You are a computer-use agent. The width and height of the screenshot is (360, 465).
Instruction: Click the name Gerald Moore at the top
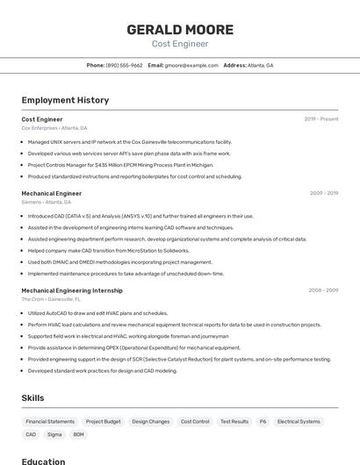[x=180, y=29]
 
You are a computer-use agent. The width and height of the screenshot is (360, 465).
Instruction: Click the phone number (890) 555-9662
[x=124, y=65]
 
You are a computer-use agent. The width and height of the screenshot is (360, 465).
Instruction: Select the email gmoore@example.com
[x=191, y=65]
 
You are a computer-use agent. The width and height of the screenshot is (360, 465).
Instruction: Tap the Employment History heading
[x=65, y=100]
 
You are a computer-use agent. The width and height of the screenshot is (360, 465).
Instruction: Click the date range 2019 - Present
[x=321, y=118]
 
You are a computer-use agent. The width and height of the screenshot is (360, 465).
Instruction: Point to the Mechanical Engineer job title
[x=52, y=193]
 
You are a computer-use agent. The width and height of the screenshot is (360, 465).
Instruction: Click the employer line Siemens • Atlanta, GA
[x=47, y=202]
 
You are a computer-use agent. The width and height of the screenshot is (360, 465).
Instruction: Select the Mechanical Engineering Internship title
[x=72, y=290]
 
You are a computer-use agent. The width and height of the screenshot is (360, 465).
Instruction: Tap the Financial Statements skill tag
[x=50, y=421]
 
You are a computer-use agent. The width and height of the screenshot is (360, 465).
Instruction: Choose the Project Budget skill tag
[x=104, y=421]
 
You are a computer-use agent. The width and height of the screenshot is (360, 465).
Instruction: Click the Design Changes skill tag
[x=151, y=421]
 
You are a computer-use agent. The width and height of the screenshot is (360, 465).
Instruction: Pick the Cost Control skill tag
[x=195, y=421]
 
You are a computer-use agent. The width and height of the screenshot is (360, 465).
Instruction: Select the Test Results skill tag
[x=234, y=421]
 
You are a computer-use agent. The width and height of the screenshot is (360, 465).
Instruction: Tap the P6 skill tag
[x=263, y=421]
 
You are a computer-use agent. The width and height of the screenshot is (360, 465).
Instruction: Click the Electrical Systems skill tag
[x=299, y=421]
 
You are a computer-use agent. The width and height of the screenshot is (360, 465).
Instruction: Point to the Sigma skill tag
[x=54, y=434]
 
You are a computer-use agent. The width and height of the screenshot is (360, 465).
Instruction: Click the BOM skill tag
[x=79, y=434]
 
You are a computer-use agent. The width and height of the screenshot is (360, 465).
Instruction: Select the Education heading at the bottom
[x=44, y=461]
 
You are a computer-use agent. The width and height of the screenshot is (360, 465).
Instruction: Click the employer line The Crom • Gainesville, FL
[x=52, y=299]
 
